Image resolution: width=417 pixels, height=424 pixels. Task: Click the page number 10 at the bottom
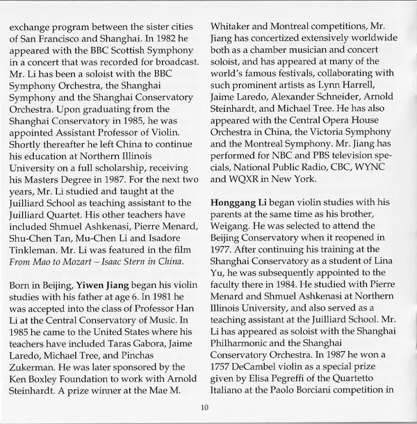coord(204,408)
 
